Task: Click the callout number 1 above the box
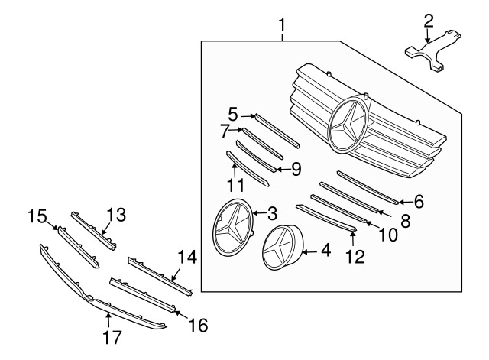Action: (282, 29)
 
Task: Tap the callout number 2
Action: (429, 20)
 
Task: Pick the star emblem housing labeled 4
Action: (283, 248)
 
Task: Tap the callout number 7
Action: (225, 131)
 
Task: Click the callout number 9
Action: (296, 167)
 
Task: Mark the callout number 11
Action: (235, 185)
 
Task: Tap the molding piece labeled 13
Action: (92, 229)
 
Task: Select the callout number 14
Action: (186, 258)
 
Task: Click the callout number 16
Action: (198, 325)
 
